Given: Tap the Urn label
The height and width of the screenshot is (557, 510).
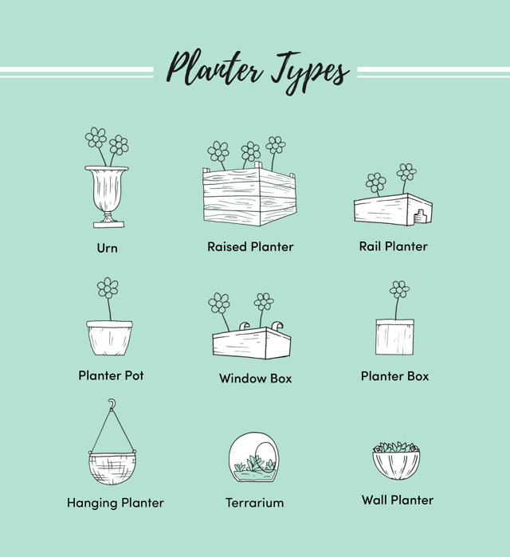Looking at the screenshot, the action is (x=108, y=248).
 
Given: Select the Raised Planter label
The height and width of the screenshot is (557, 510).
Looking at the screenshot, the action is (x=250, y=246).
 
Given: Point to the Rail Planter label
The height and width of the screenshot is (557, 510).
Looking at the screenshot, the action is (x=393, y=246).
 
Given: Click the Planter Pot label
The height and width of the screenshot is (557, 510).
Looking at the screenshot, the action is (x=111, y=375).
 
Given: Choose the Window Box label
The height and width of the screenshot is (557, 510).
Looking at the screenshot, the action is (x=255, y=379).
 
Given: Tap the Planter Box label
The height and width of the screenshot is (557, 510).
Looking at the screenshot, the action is (x=394, y=376).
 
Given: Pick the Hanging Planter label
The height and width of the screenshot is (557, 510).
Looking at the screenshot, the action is (x=116, y=503).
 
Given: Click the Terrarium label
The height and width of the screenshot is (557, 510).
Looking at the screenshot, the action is (x=255, y=503).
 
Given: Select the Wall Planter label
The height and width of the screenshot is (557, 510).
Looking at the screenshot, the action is (x=398, y=500).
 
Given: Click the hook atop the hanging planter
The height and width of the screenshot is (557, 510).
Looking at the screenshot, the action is (x=112, y=404).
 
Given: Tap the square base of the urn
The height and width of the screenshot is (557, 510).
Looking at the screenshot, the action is (x=108, y=224).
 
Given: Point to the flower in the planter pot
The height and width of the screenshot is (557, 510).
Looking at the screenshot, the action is (x=108, y=288).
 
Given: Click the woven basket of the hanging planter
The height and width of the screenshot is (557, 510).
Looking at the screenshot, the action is (x=112, y=469).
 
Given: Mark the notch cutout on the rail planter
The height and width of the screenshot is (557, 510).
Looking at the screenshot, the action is (x=421, y=217).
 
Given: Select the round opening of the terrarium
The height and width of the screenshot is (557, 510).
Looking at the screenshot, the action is (x=265, y=456).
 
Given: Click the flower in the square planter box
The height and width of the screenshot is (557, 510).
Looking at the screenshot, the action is (x=399, y=289).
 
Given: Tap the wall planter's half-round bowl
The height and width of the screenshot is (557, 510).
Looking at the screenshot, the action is (x=396, y=465).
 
